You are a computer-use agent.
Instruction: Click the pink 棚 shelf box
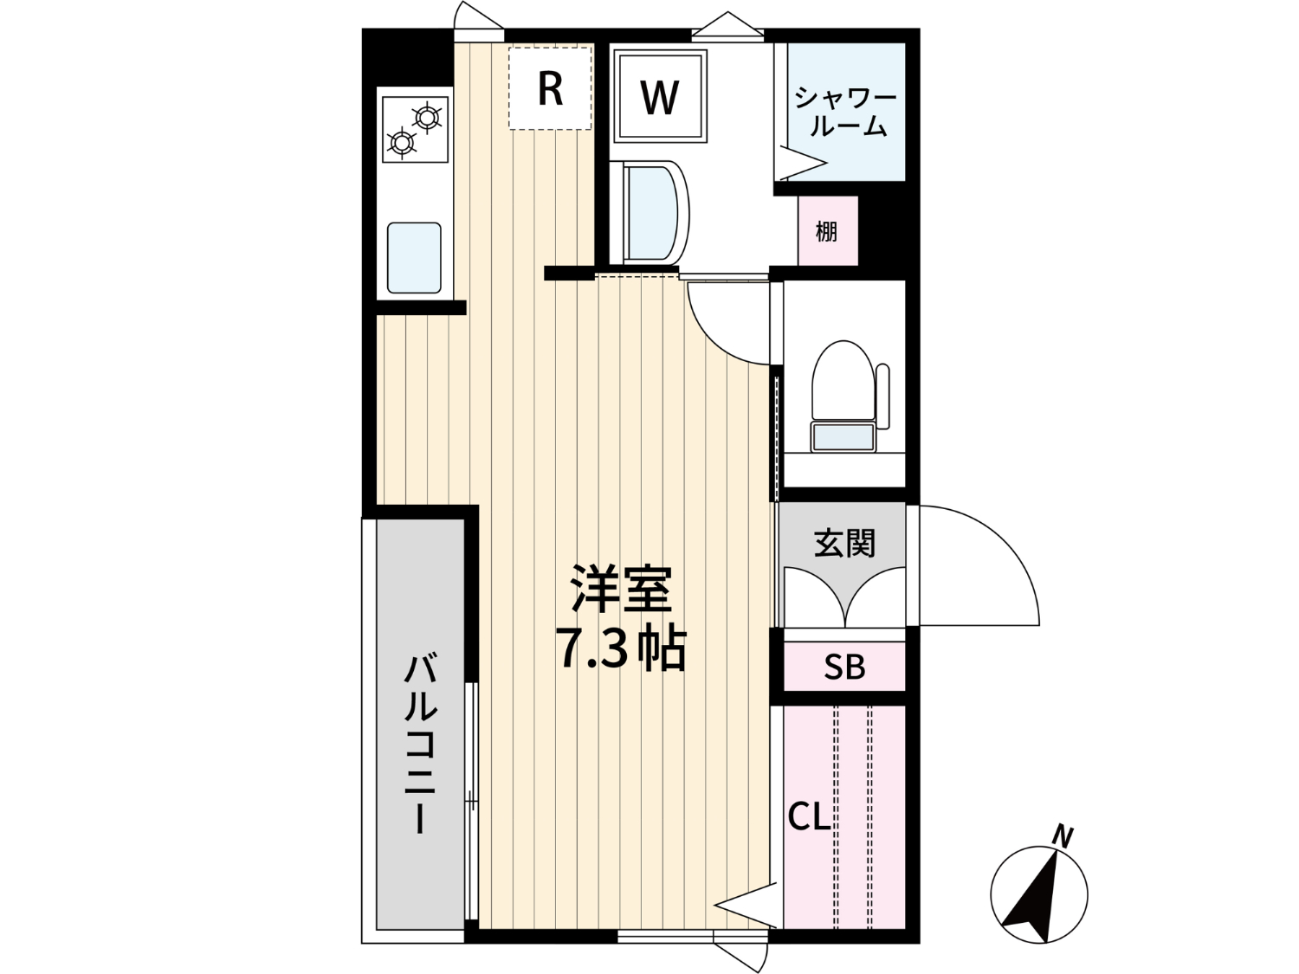point(827,230)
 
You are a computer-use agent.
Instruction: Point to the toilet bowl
point(843,380)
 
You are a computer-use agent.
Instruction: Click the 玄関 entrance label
point(844,543)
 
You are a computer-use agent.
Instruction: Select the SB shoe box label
point(844,667)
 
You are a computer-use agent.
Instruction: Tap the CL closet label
point(809,818)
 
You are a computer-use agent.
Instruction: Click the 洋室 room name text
point(621,589)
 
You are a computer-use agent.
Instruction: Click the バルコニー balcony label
point(421,742)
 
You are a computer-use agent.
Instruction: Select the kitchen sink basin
point(414,258)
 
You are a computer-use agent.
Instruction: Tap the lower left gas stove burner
point(401,143)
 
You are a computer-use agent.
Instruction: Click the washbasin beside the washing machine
point(649,212)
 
